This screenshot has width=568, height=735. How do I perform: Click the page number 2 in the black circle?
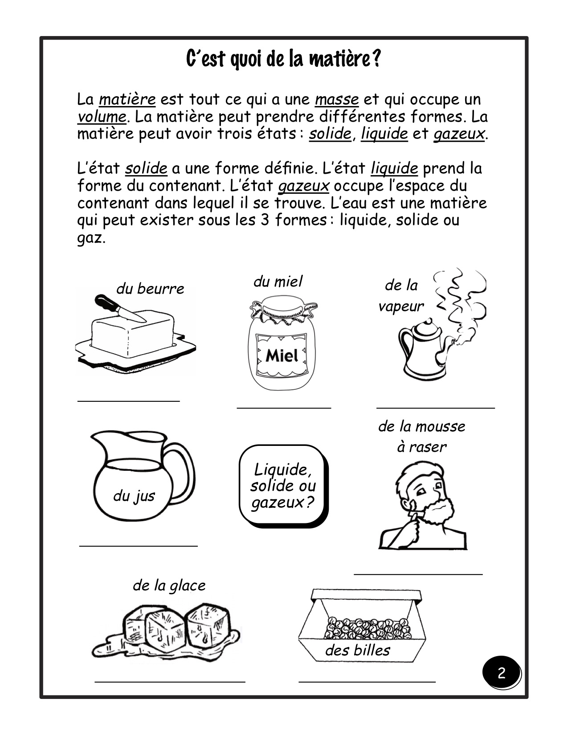(x=501, y=673)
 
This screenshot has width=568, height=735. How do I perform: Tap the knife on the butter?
(x=120, y=308)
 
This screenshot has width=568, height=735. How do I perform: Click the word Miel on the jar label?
(x=282, y=355)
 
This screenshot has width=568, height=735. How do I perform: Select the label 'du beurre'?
(x=150, y=289)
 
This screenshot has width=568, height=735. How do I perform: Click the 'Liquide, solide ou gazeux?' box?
(x=283, y=486)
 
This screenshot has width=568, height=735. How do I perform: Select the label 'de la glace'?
(x=169, y=585)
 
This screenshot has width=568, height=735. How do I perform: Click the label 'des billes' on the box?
(x=358, y=650)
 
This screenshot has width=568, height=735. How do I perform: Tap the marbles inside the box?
(x=368, y=628)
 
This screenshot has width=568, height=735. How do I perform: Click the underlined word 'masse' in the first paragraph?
(x=337, y=99)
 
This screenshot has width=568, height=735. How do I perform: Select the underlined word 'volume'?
(x=102, y=117)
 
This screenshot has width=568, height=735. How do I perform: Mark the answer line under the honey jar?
(x=284, y=408)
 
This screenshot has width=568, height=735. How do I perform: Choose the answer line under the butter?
(x=129, y=401)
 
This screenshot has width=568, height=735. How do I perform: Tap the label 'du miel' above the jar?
(x=278, y=282)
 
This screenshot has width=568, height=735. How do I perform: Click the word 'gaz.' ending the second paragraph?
(x=91, y=238)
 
